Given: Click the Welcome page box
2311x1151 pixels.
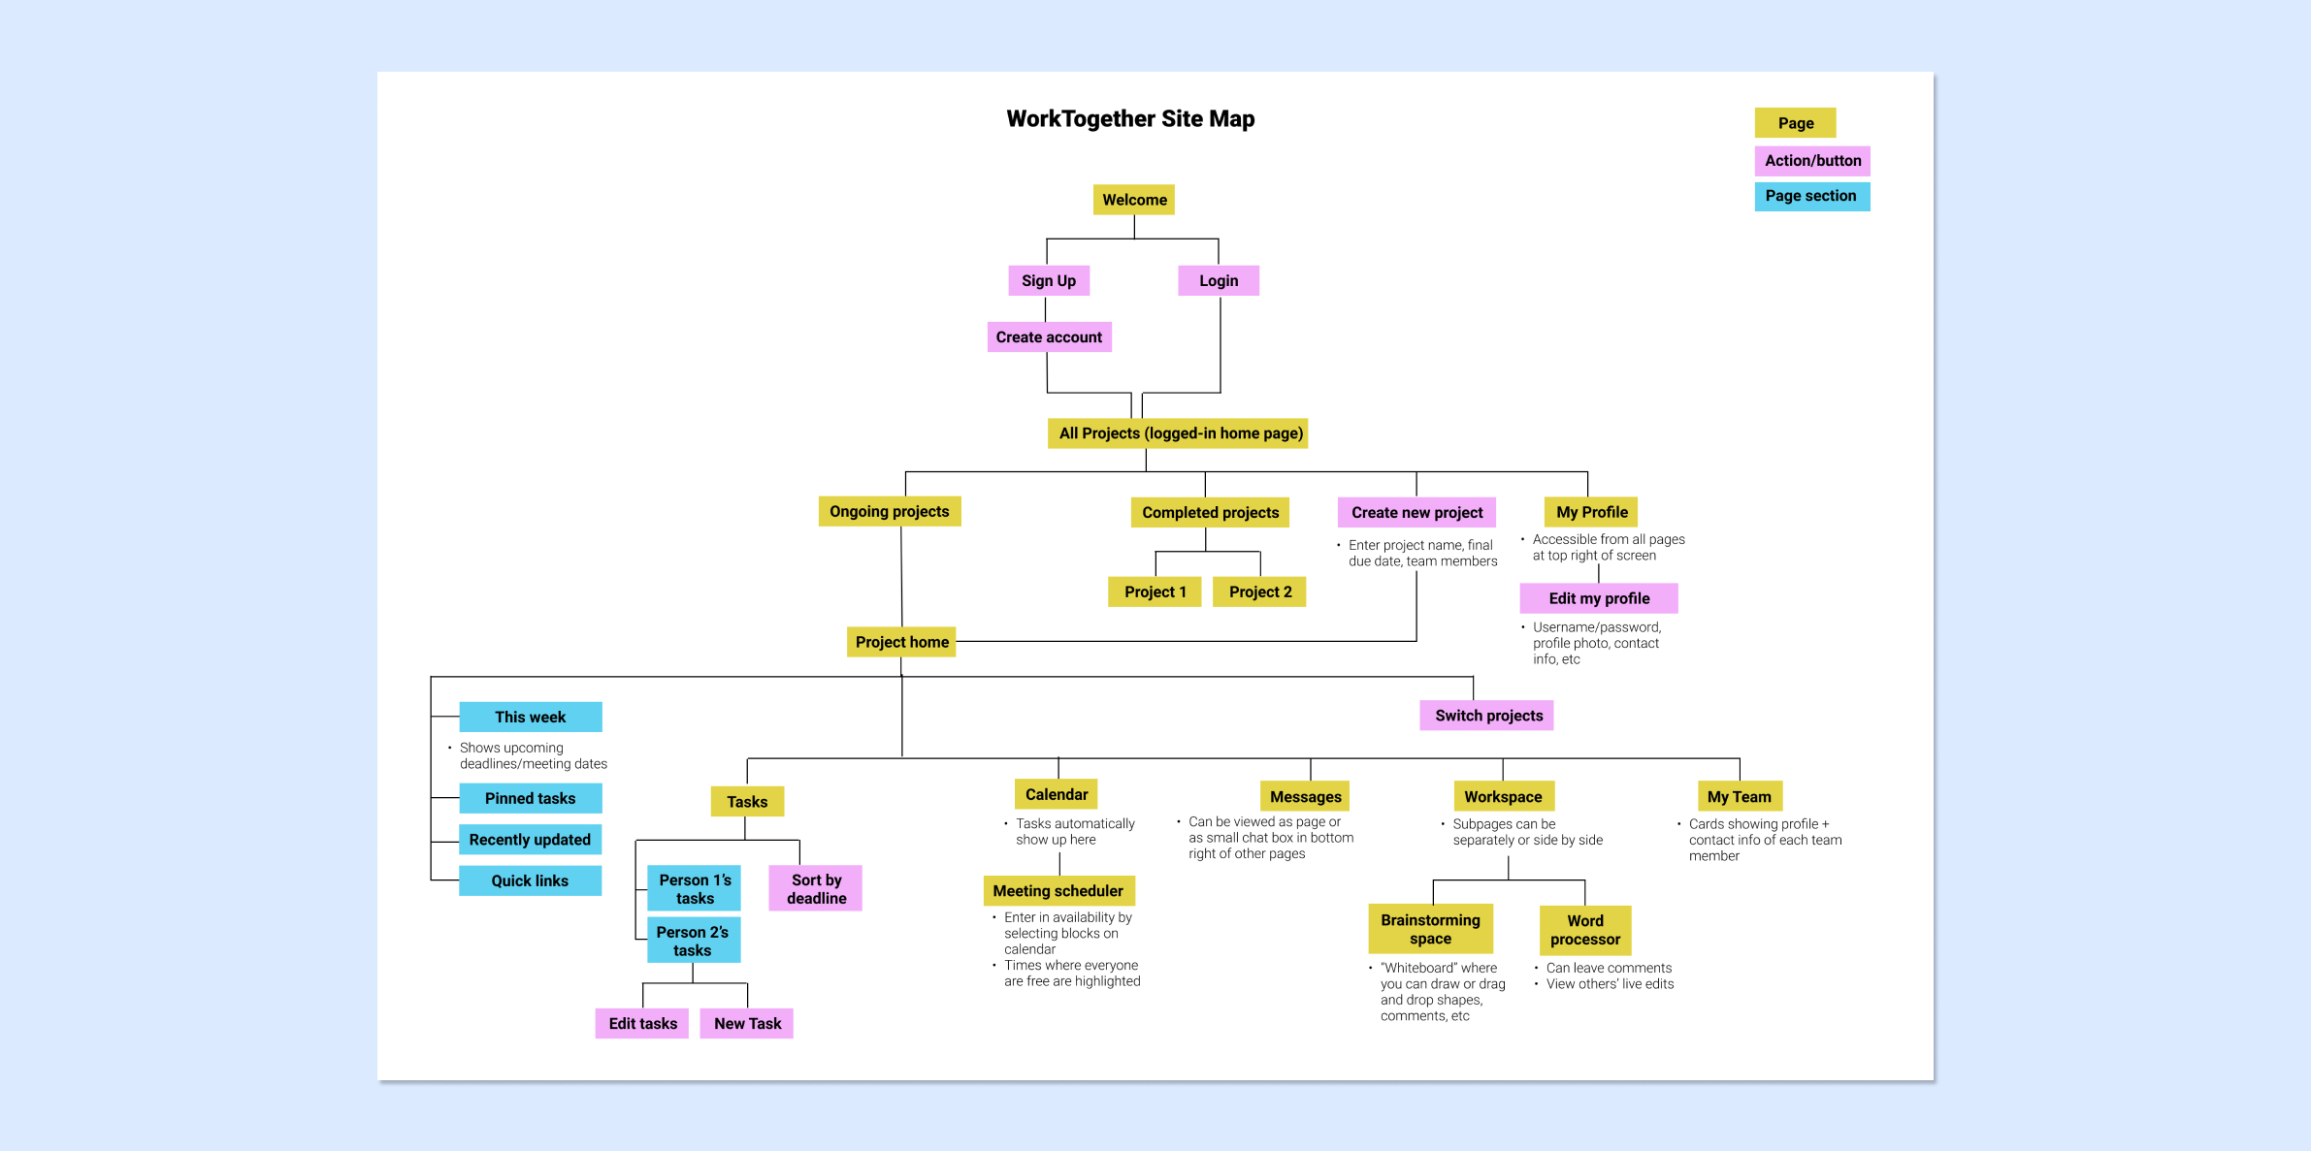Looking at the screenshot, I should click(x=1133, y=200).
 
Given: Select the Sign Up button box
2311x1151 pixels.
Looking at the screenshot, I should click(x=1048, y=280).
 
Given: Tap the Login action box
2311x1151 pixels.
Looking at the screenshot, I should click(x=1218, y=280).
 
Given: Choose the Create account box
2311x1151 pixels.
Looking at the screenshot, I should click(x=1048, y=337).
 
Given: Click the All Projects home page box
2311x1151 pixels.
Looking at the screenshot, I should click(x=1178, y=433).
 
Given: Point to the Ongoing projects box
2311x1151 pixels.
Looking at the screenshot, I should click(x=889, y=511).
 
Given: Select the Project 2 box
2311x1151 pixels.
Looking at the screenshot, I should click(x=1259, y=591).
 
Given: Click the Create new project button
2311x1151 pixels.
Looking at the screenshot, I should click(x=1416, y=512).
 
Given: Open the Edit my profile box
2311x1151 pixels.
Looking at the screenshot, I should click(x=1598, y=598).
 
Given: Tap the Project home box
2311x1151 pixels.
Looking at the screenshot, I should click(x=901, y=642).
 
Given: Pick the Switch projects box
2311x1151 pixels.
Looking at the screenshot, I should click(x=1487, y=716).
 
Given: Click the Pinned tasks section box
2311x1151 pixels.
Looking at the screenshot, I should click(x=530, y=798).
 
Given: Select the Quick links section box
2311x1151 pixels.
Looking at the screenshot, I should click(x=530, y=880).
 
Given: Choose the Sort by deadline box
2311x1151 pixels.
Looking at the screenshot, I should click(x=815, y=888).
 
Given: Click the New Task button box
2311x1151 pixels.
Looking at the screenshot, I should click(x=746, y=1023).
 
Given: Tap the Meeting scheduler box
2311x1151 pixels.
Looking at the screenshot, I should click(x=1058, y=890).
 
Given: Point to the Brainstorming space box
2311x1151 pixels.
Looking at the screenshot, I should click(x=1430, y=929).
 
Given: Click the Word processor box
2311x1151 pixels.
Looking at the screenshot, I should click(x=1584, y=930).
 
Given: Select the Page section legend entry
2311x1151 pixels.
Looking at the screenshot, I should click(x=1810, y=196).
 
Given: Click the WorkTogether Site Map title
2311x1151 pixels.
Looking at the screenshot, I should click(x=1130, y=119).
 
